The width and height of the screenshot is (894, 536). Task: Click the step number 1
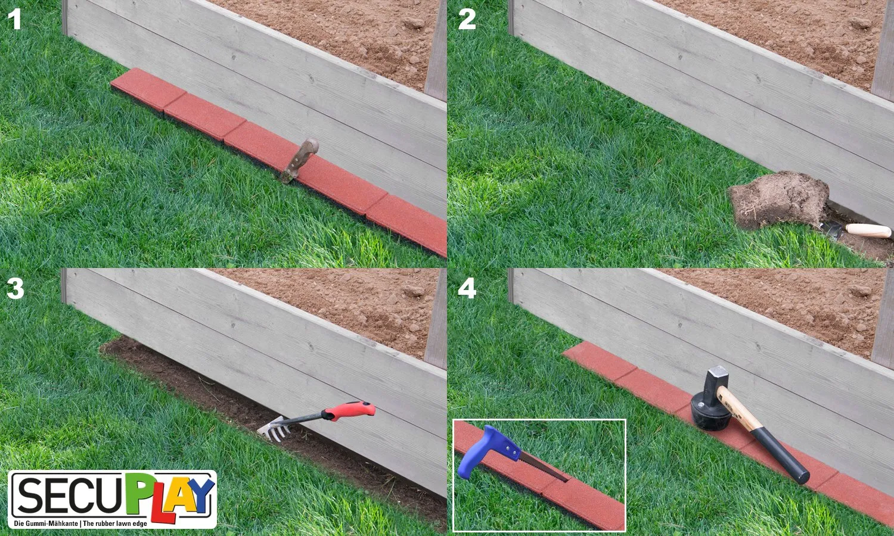point(14,18)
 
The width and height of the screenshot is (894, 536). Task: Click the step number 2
point(467,18)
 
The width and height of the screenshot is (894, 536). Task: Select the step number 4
point(467,288)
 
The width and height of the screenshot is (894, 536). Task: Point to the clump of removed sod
point(778,200)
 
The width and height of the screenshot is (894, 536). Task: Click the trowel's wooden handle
point(868,230)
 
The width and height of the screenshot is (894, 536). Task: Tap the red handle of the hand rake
point(349,411)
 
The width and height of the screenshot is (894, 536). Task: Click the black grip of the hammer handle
point(780,454)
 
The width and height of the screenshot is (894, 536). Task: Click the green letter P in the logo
point(138,494)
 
